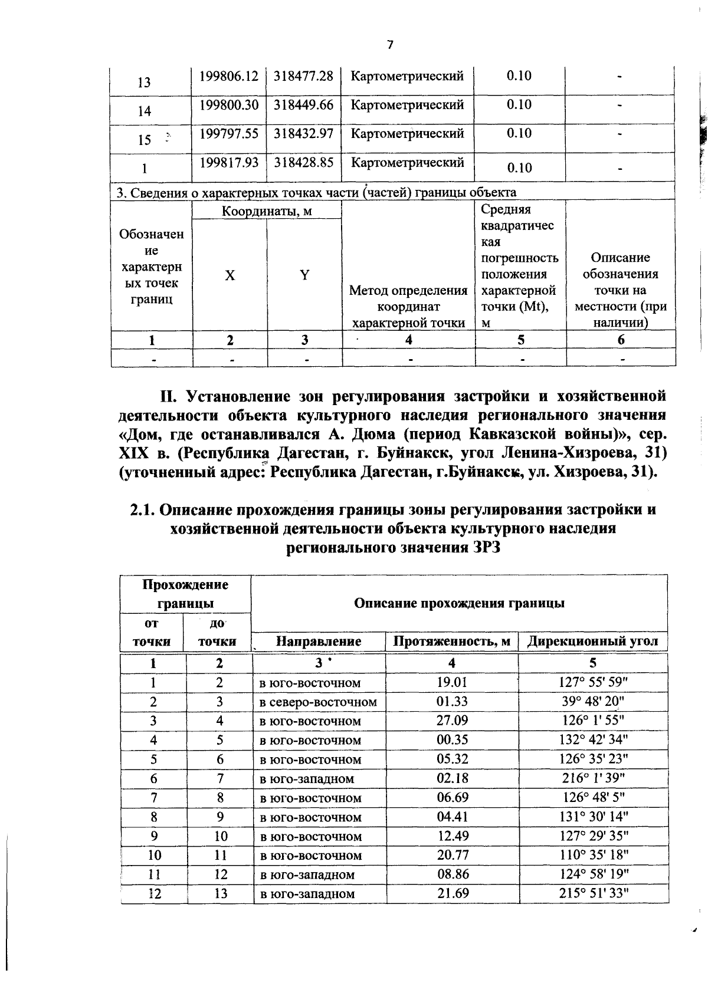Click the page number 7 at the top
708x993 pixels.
(x=389, y=45)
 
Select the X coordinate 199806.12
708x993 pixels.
(x=229, y=76)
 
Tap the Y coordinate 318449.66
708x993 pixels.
(x=304, y=105)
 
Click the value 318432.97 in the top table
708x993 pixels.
(x=304, y=133)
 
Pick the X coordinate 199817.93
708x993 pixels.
(x=229, y=162)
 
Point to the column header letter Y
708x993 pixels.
(x=304, y=275)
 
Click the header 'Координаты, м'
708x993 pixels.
(x=267, y=211)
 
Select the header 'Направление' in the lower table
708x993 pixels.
(x=319, y=641)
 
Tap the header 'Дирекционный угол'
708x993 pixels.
(x=593, y=641)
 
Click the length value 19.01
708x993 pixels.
(x=452, y=683)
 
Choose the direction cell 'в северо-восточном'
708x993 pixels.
(x=319, y=702)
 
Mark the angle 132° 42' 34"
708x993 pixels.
(x=594, y=740)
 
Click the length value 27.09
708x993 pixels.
(x=452, y=721)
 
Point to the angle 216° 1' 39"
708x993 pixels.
(x=594, y=778)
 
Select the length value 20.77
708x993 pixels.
(x=452, y=855)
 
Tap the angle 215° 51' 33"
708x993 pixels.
(x=594, y=893)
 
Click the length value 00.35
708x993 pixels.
(x=452, y=740)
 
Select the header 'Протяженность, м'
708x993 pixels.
(x=452, y=641)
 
